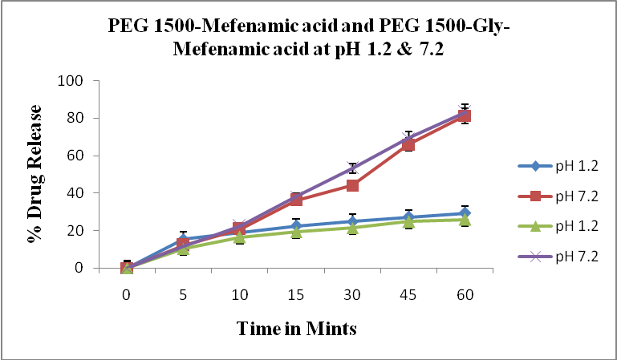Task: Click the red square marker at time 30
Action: (x=352, y=185)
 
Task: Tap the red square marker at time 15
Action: (x=296, y=200)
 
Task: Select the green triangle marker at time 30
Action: (x=352, y=228)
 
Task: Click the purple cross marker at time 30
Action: (x=352, y=168)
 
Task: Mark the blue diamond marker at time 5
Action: (x=183, y=238)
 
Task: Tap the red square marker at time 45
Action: (x=408, y=144)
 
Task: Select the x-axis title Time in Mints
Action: (x=296, y=328)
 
